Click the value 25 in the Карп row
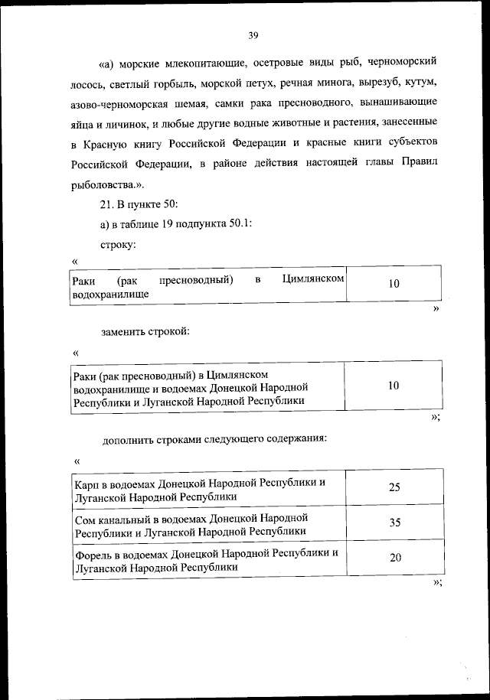tap(394, 488)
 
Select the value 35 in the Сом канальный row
tap(394, 524)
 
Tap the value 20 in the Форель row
tap(395, 558)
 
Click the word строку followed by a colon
tap(117, 245)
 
